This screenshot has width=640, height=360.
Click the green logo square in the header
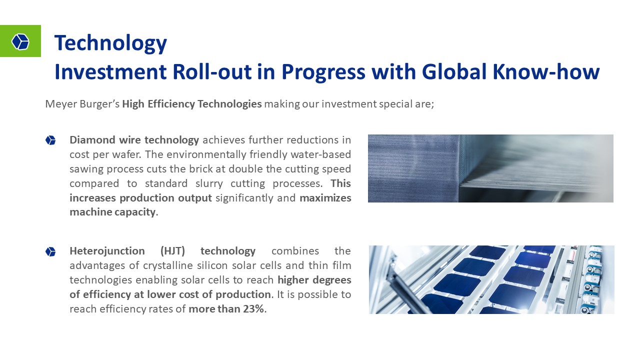[20, 41]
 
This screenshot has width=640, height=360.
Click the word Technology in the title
[110, 43]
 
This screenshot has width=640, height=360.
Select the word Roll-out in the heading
[212, 71]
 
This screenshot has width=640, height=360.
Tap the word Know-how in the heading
[546, 71]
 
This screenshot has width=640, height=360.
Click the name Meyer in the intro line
[61, 104]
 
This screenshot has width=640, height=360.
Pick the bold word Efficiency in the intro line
[171, 104]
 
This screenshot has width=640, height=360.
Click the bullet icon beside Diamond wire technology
[50, 140]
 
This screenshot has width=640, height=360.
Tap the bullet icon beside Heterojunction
[50, 251]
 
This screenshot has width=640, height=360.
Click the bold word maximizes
[325, 198]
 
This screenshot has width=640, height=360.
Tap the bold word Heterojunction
[107, 251]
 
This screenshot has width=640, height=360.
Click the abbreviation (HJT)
[172, 251]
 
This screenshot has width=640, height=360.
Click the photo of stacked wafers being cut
[490, 168]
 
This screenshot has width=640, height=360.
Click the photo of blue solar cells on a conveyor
[491, 279]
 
